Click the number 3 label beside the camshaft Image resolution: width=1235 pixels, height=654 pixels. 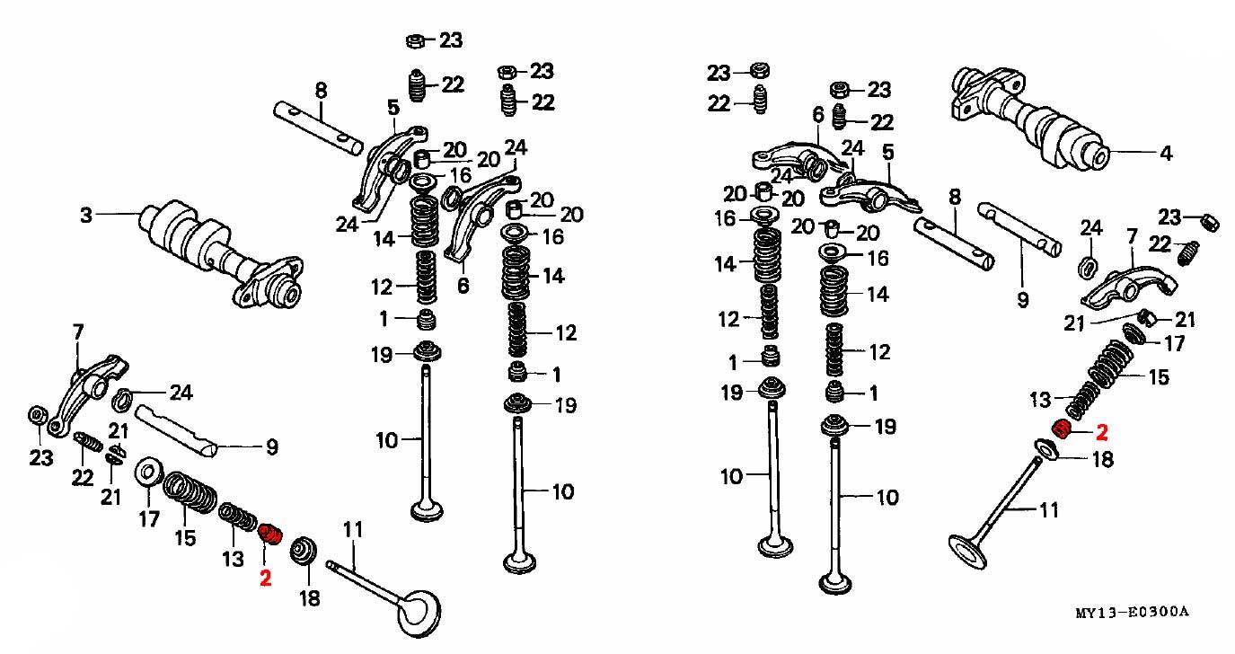(x=86, y=215)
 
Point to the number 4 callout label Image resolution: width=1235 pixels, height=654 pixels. (x=1166, y=153)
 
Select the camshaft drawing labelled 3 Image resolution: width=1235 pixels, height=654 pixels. (x=220, y=254)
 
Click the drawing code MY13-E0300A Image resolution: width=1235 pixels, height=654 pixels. (x=1133, y=612)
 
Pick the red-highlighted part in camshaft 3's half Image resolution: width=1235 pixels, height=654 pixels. (x=270, y=534)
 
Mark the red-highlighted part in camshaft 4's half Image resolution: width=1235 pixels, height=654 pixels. (x=1062, y=429)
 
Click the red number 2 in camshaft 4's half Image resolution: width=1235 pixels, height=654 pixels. (x=1101, y=432)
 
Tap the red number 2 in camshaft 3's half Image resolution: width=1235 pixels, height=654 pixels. (x=265, y=578)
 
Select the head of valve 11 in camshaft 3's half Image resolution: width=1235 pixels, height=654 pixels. (x=421, y=613)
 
